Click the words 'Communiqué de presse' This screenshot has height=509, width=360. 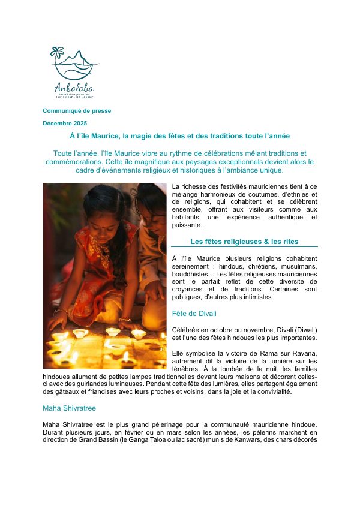tap(77, 110)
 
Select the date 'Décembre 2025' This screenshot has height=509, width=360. tap(65, 123)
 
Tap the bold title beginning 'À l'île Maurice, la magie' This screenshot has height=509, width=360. tap(180, 137)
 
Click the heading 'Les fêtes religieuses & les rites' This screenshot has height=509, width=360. tap(244, 242)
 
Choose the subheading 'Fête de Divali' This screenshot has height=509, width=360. tap(194, 314)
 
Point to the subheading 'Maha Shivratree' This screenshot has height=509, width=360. tap(69, 408)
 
